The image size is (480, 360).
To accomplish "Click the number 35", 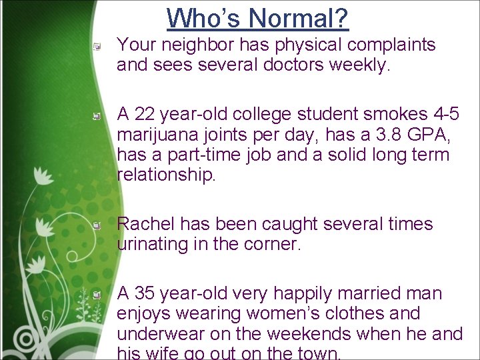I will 145,293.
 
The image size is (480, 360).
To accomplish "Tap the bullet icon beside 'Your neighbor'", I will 97,47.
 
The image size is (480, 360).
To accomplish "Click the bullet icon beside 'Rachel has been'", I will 97,226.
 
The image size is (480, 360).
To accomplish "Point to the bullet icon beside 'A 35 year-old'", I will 97,295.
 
